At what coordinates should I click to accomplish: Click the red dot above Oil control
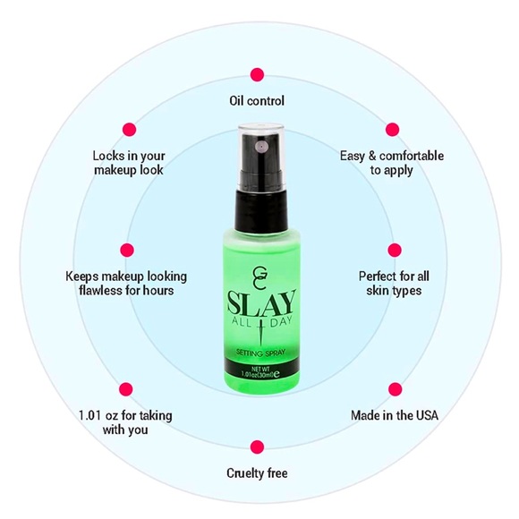point(257,75)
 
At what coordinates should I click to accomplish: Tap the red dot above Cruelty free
point(257,447)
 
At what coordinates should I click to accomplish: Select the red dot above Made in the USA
point(395,389)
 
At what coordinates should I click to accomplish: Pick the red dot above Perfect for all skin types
point(395,251)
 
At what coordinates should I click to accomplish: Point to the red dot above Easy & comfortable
point(392,130)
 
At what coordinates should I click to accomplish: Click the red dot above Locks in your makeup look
point(130,130)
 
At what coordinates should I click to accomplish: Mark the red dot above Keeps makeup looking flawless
point(127,251)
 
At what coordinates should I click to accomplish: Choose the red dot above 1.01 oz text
point(126,389)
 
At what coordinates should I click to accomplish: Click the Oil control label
point(257,100)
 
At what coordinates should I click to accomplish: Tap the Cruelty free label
point(257,473)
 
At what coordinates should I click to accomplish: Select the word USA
point(427,415)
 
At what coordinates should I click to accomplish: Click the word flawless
point(100,291)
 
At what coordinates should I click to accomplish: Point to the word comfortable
point(412,156)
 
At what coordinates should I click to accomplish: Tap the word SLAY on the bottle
point(261,302)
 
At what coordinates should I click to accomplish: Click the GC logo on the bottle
point(260,276)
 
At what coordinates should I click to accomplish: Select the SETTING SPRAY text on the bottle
point(260,353)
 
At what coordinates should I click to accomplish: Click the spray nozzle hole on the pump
point(261,146)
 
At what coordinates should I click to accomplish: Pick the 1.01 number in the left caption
point(89,415)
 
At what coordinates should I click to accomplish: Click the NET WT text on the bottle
point(260,369)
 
